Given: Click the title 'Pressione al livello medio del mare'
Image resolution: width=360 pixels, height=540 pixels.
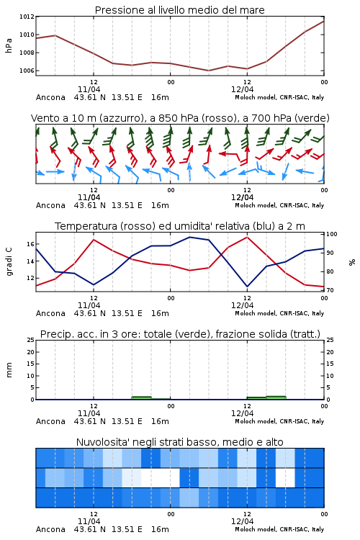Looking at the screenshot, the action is coord(179,10).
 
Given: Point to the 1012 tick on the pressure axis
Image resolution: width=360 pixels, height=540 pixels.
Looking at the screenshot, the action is coord(27,16).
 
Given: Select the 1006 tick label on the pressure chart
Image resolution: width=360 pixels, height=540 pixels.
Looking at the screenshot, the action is coord(27,71).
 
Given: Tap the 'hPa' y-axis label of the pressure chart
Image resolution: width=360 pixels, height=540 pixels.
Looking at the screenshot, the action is coord(9,45).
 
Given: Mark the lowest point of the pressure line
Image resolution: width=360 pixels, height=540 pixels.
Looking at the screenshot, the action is coord(208,71).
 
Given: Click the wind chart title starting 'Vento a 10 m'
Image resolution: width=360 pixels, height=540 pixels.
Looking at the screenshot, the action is coord(180,118).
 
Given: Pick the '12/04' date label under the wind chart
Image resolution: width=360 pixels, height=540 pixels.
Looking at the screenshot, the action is coord(242,197).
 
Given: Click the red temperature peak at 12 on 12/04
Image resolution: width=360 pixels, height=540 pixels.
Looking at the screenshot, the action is coord(247,237).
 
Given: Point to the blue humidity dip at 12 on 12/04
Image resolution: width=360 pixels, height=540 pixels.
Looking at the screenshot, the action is coord(247,287).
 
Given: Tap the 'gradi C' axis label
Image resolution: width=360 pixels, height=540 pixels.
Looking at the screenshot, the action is coord(9,262).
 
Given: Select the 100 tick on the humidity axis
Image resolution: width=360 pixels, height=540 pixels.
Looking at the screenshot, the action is coord(331,234).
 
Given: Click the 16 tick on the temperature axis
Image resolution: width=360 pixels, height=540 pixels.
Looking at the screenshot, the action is coord(30,244).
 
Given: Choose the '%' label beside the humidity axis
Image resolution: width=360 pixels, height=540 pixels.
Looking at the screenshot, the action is coord(352,262).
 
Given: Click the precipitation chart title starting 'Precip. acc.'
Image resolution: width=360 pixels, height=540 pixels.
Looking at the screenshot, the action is coord(180,334).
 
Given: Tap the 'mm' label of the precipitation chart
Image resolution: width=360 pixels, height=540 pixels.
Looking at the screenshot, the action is coord(9,370).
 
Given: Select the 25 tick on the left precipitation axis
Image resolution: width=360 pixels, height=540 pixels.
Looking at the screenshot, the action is coord(30,340).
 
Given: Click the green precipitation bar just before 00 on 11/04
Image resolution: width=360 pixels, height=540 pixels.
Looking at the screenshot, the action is coord(142,397).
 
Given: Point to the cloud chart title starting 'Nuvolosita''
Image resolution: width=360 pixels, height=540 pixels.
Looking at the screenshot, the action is coord(179,442).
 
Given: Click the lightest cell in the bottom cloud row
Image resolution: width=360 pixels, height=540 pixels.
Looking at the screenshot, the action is coord(189,498).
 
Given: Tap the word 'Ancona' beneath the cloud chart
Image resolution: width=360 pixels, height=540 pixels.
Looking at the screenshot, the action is coord(50,529).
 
